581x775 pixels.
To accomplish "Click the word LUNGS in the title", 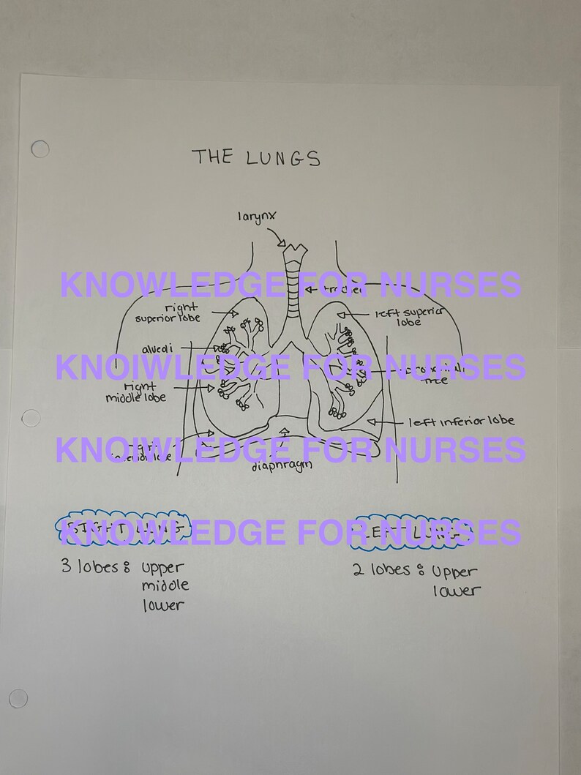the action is [282, 158].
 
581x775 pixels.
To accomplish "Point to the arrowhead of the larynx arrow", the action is [283, 244].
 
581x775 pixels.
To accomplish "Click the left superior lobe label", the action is [411, 316].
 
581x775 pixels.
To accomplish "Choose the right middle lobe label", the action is [136, 392].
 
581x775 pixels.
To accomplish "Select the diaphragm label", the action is [282, 465].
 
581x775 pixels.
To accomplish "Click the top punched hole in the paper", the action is [40, 149].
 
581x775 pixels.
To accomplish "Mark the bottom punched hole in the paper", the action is [18, 698].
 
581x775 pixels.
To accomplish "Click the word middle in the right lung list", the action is [165, 585].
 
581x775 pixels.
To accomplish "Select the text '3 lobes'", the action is [89, 566].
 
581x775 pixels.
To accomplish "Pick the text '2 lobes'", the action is [381, 570].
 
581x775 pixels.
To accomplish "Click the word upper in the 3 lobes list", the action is [162, 567].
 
